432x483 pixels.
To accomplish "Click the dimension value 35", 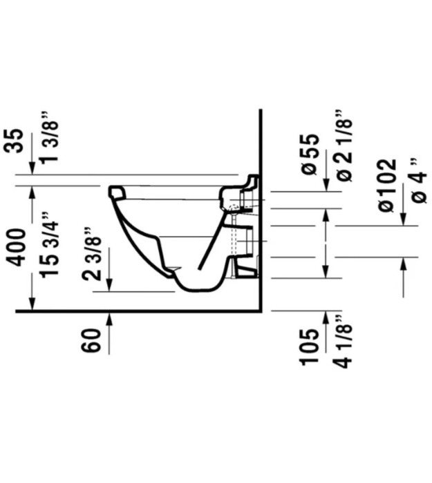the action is click(14, 141).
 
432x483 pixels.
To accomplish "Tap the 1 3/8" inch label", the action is click(48, 139).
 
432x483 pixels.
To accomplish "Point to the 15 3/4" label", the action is click(48, 245).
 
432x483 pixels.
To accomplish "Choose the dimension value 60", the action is click(91, 340).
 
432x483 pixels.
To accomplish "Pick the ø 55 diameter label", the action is click(310, 155).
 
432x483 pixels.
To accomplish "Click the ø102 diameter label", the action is click(387, 185).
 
